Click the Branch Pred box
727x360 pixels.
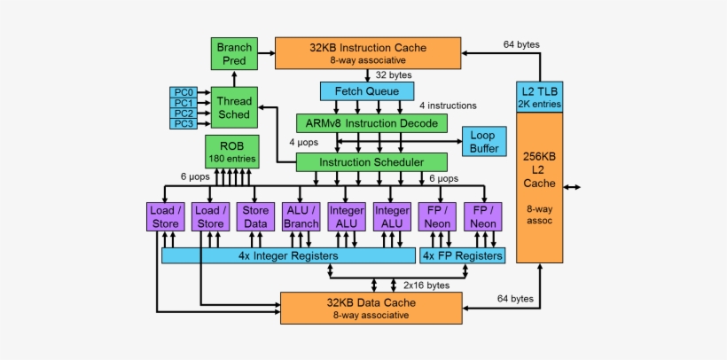[x=234, y=53]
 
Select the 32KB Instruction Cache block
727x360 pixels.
[x=368, y=53]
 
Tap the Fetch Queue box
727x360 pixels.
[x=367, y=90]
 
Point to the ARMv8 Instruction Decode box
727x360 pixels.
[x=371, y=123]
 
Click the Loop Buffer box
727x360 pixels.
[x=483, y=143]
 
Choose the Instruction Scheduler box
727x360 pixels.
[x=371, y=162]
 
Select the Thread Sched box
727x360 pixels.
[x=234, y=107]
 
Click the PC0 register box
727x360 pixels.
[x=183, y=91]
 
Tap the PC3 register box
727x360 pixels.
[x=183, y=124]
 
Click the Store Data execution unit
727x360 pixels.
[x=255, y=217]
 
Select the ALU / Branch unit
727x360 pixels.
[x=301, y=217]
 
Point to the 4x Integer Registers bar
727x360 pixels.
[x=288, y=255]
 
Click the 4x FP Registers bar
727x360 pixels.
[x=462, y=255]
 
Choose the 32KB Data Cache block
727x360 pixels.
[x=371, y=307]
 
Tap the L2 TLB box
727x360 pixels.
[x=540, y=98]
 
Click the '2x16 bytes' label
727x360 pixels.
[x=426, y=286]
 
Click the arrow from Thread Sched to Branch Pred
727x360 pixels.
[x=234, y=78]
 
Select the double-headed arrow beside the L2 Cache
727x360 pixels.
[x=573, y=187]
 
